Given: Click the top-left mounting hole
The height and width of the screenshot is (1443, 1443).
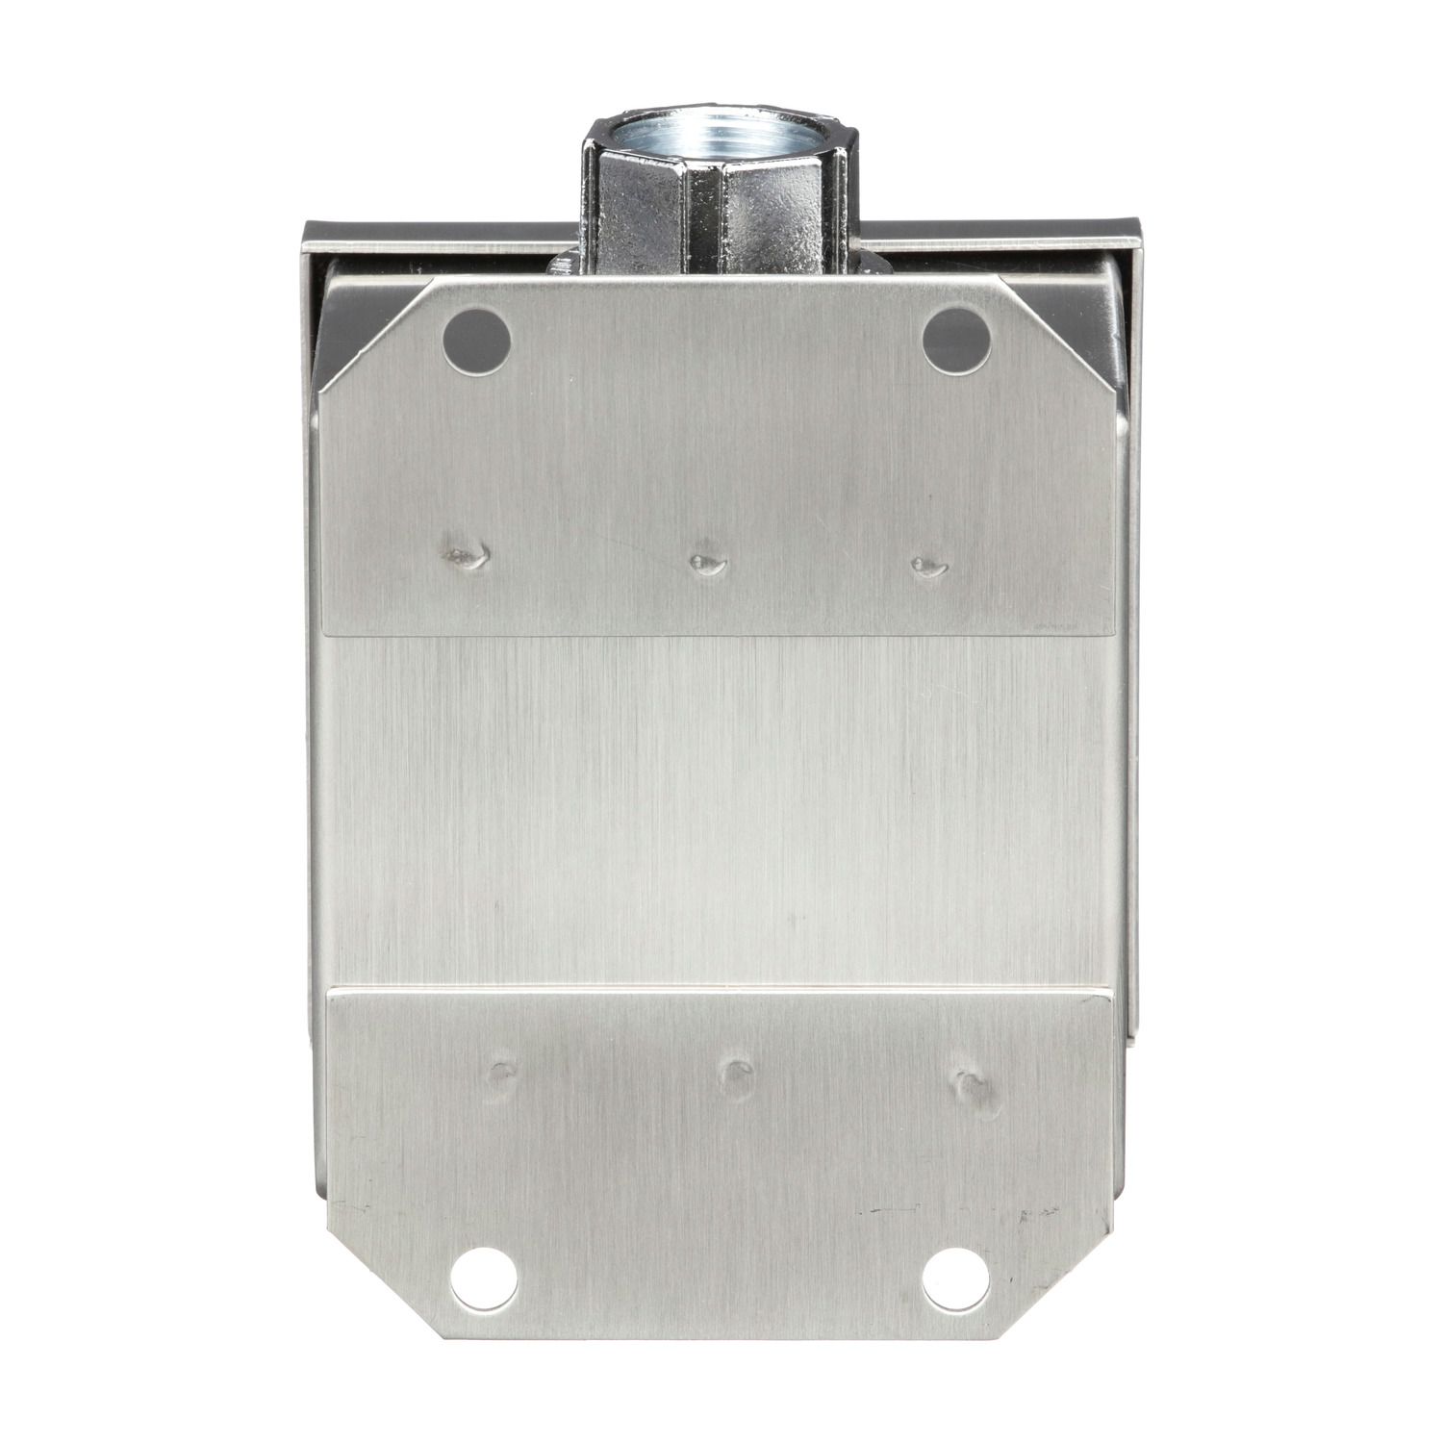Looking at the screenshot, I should tap(475, 339).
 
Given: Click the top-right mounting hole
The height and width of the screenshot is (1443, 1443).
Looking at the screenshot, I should tap(956, 339).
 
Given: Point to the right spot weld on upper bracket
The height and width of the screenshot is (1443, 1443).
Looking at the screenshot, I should tap(928, 566).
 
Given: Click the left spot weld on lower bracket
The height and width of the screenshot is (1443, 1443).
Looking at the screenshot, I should tap(502, 1071).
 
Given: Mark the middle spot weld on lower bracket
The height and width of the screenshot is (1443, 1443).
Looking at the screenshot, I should tap(736, 1071).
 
